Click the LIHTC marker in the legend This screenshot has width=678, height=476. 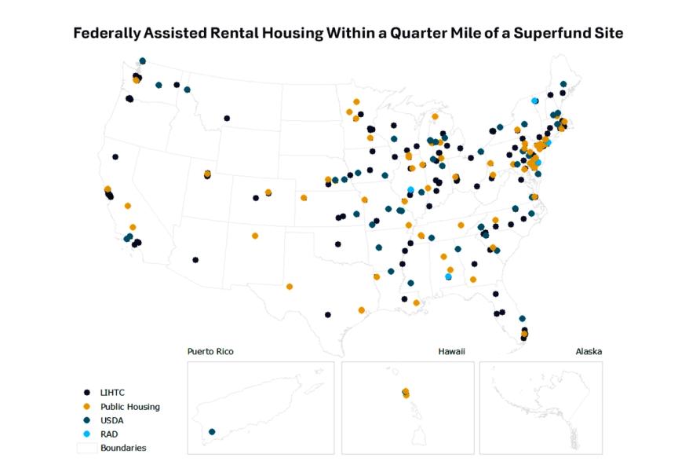point(87,391)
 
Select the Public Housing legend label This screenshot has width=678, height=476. point(129,406)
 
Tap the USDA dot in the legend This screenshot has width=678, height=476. point(87,420)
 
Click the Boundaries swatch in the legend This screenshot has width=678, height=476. point(87,448)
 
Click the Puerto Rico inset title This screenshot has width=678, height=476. point(210,351)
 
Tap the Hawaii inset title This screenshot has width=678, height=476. point(451,351)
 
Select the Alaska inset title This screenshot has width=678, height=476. point(588,351)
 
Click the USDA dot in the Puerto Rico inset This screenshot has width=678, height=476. point(212,432)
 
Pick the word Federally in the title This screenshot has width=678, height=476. point(106,34)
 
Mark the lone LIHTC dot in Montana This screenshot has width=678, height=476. point(227,119)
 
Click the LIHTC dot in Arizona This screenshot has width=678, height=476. point(195,259)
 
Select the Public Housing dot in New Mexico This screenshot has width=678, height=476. point(255,236)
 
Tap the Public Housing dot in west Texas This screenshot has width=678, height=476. point(290,287)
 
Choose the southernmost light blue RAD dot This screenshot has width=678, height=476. point(448,276)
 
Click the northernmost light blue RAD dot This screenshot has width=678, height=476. point(535,101)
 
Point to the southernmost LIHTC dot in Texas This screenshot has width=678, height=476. point(327,314)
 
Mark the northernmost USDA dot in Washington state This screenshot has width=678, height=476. point(142,60)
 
